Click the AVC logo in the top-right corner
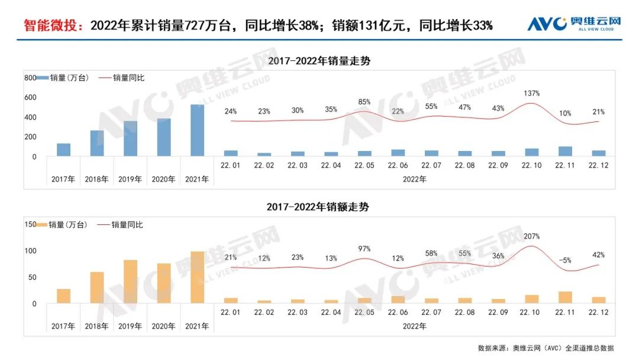coord(574,24)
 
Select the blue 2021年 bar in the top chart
coord(197,130)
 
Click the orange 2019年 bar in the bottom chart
coord(131,281)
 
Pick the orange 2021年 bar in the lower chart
coord(197,277)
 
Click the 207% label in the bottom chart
coord(532,236)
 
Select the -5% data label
coord(565,260)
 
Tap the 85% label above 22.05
coord(364,101)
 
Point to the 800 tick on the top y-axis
coord(30,78)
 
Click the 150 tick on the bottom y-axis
coord(30,224)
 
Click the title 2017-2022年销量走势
coord(319,61)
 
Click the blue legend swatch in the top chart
coord(43,78)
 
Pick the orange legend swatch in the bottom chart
coord(43,224)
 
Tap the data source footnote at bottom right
coord(546,348)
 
